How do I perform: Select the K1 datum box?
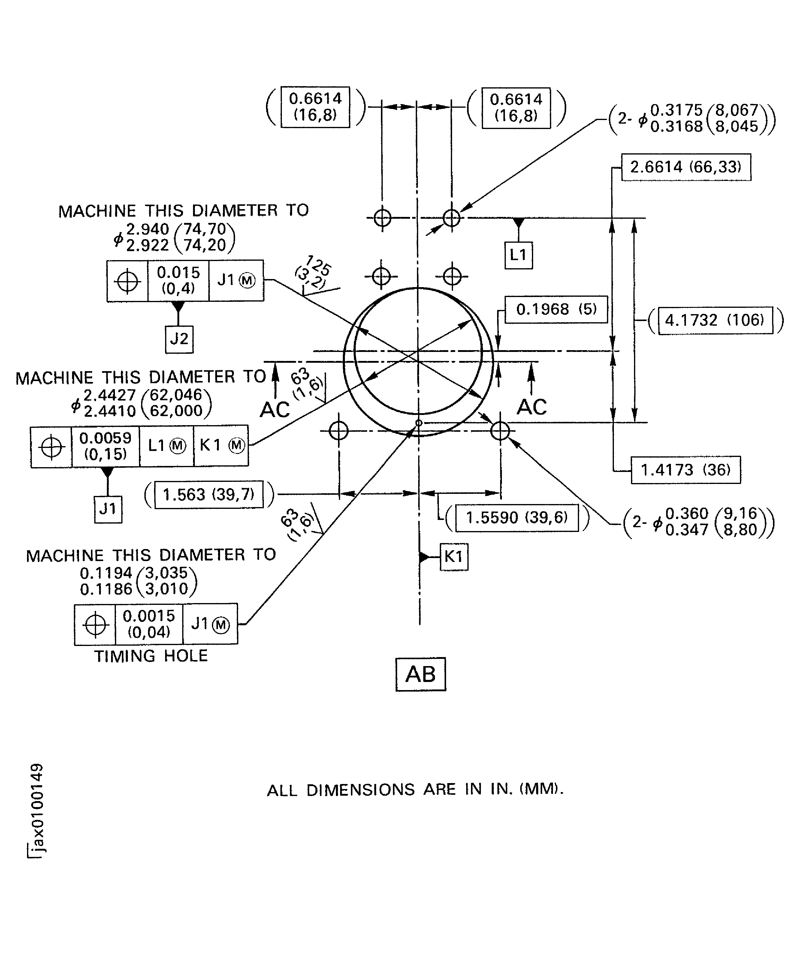tap(454, 557)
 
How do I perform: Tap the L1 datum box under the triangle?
tap(518, 255)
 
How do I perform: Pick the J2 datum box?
tap(179, 339)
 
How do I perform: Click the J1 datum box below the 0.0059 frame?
tap(108, 509)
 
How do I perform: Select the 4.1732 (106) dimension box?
tap(715, 320)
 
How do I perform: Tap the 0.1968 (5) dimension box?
tap(556, 309)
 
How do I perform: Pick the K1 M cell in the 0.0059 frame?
tap(221, 446)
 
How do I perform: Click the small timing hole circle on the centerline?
tap(418, 422)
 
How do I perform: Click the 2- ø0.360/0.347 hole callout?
tap(698, 522)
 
